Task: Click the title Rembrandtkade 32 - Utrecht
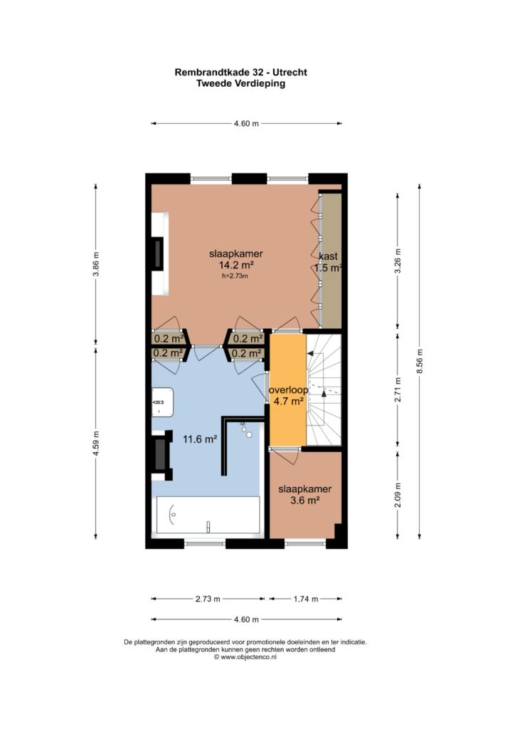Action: (240, 73)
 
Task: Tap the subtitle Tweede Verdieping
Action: (240, 84)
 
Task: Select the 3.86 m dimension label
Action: (96, 264)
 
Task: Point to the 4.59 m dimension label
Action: (96, 444)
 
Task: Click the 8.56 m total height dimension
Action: (420, 361)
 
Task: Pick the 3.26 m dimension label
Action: (398, 261)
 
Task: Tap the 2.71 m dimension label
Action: (398, 389)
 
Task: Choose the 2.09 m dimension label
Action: (398, 495)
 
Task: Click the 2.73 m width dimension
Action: (208, 599)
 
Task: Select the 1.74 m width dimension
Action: (306, 599)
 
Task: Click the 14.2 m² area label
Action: (236, 266)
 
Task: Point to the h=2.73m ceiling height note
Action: (235, 276)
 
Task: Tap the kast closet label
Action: (329, 256)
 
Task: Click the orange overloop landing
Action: (288, 389)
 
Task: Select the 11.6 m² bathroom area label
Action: (200, 439)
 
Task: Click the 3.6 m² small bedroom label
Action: (305, 500)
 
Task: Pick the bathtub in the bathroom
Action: (208, 515)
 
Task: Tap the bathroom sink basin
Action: (162, 402)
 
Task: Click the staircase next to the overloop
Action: (324, 389)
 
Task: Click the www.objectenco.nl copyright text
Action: (245, 657)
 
